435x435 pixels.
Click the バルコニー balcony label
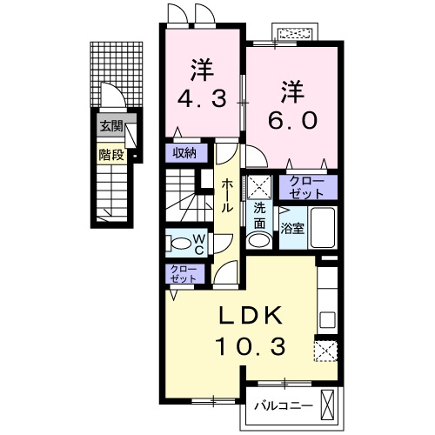point(281,405)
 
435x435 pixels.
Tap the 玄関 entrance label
point(110,126)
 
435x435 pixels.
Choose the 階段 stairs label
point(110,156)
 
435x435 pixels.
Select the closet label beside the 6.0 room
point(307,187)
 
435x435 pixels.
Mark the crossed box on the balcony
point(328,405)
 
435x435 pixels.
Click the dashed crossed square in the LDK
point(326,350)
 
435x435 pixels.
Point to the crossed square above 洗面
point(259,186)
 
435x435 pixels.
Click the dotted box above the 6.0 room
point(296,34)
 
